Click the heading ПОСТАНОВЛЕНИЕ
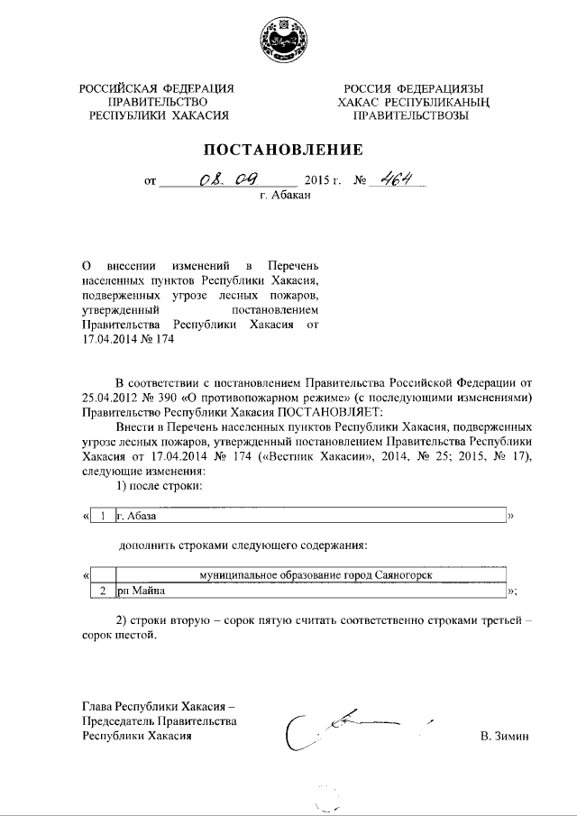coord(288,149)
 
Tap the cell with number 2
coord(104,591)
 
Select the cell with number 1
coord(104,516)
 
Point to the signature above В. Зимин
coord(352,726)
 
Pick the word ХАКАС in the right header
coord(358,102)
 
